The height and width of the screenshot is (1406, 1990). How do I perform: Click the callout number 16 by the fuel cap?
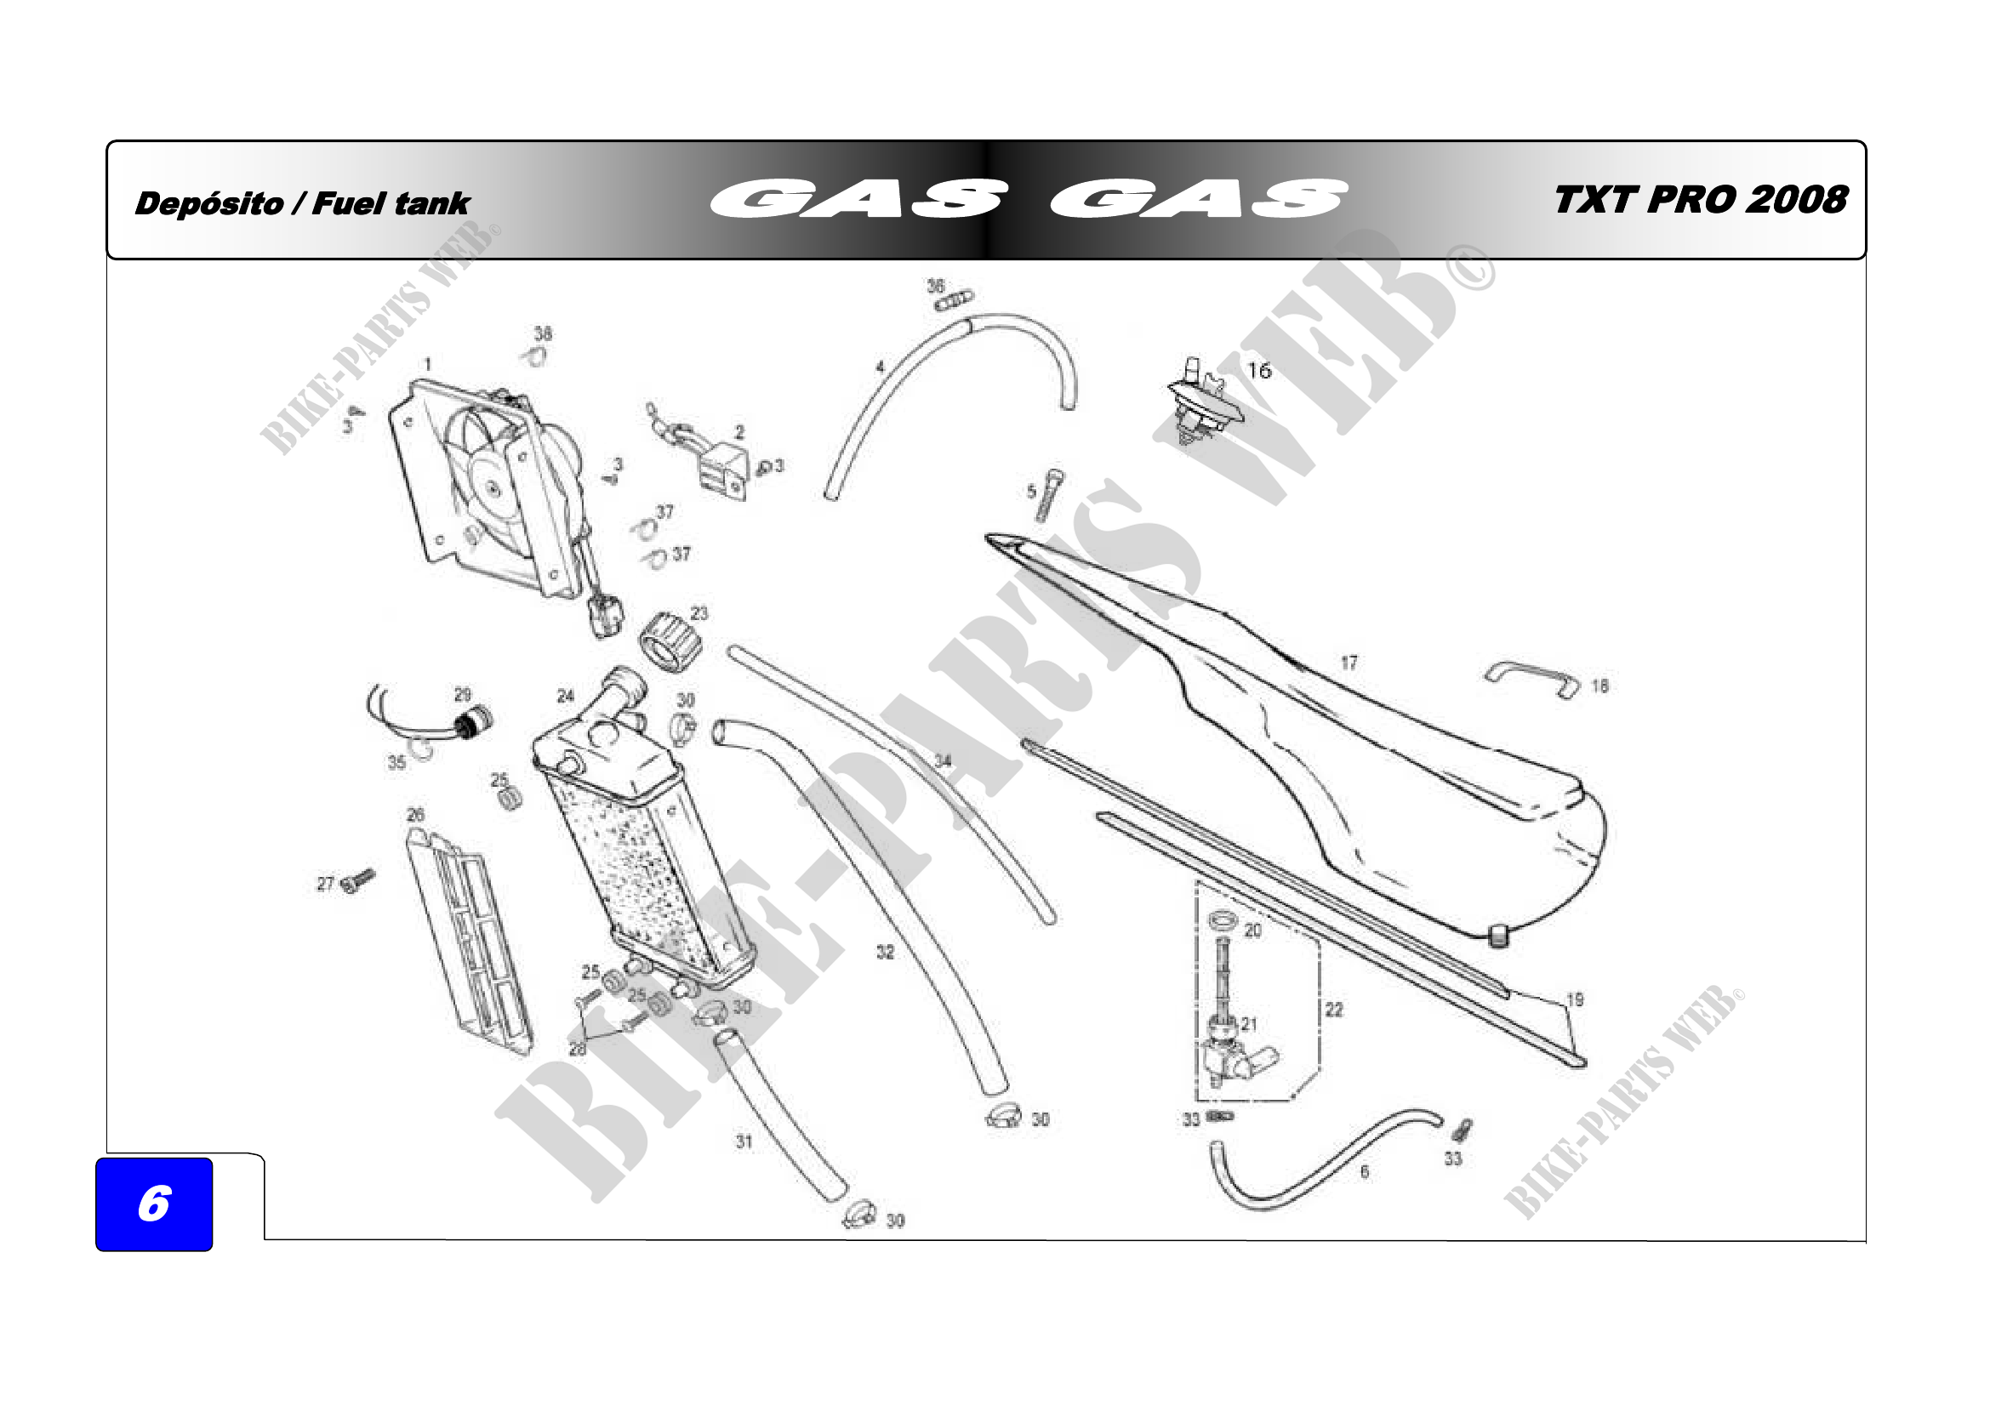(x=1258, y=371)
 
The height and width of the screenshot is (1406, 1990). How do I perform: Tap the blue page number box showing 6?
(x=154, y=1204)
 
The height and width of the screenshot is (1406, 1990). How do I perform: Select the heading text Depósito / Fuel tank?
(x=303, y=203)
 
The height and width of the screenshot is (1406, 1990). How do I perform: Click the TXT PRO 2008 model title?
(x=1701, y=200)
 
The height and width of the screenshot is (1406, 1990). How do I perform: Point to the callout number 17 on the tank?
(x=1349, y=663)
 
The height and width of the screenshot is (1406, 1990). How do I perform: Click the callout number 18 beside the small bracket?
(x=1599, y=686)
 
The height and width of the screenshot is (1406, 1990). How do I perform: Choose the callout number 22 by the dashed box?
(x=1334, y=1010)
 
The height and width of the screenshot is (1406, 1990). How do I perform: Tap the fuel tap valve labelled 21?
(x=1231, y=1052)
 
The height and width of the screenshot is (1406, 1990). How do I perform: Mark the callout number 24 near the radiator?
(x=565, y=696)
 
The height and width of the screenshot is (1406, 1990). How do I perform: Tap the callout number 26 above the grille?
(x=416, y=814)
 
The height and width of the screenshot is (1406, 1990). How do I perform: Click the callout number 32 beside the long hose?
(x=885, y=952)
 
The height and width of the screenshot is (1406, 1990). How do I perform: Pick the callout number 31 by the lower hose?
(x=744, y=1141)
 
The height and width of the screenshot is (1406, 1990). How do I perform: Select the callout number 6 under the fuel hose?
(x=1364, y=1172)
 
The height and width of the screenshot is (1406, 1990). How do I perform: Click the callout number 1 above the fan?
(x=427, y=365)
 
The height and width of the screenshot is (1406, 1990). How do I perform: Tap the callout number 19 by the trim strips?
(x=1575, y=999)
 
